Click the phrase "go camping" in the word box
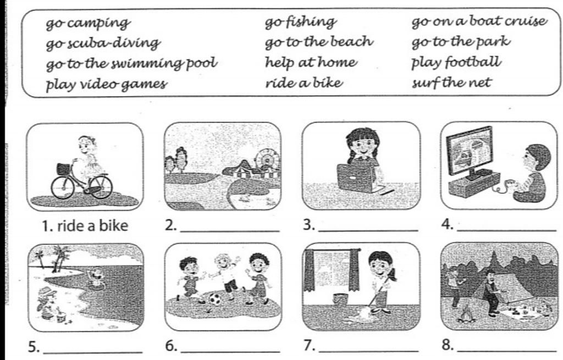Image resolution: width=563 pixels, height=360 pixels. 88,24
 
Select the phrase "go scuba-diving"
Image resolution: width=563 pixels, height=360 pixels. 103,44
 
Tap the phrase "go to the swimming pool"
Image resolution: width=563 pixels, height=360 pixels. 132,64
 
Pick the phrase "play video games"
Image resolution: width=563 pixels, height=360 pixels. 107,85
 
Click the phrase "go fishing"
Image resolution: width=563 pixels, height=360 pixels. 301,23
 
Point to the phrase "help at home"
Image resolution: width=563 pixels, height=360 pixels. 311,63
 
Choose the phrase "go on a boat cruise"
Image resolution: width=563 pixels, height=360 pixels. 479,21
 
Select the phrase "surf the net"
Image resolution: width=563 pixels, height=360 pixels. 451,83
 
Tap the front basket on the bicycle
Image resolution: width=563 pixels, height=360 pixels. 64,169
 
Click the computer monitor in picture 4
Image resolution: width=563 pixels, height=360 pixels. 470,152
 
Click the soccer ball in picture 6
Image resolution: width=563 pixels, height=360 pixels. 215,299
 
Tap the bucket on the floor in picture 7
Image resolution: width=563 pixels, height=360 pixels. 340,300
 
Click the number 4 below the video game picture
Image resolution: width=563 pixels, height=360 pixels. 447,225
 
